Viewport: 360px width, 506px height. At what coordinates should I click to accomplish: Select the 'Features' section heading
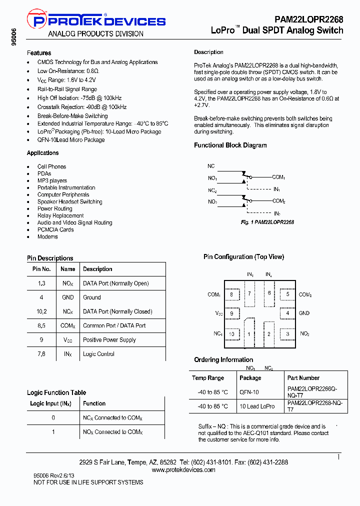tap(39, 53)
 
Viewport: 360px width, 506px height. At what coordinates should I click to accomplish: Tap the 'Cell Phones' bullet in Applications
tap(51, 166)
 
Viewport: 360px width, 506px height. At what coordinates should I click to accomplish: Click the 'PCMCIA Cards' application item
tap(55, 229)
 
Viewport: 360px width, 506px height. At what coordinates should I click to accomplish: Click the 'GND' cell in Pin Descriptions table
tap(68, 297)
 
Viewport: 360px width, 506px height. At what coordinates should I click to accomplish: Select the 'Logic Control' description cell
tap(98, 354)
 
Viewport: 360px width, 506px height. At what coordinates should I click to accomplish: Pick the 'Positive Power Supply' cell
tap(109, 340)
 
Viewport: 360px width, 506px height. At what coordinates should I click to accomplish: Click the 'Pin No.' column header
tap(41, 269)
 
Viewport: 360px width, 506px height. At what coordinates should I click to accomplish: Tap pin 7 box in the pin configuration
tap(249, 293)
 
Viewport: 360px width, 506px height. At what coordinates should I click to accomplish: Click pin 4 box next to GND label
tap(287, 313)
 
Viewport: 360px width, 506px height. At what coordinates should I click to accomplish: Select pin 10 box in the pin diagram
tap(231, 334)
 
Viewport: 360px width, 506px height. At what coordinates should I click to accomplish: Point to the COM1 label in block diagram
tap(278, 177)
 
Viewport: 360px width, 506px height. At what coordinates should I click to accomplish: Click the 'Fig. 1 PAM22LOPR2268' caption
tap(267, 222)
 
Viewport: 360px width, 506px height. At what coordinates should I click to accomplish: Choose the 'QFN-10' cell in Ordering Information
tap(249, 392)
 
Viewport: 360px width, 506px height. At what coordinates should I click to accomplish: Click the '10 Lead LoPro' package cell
tap(257, 406)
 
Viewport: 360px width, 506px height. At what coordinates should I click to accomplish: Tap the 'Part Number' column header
tap(303, 378)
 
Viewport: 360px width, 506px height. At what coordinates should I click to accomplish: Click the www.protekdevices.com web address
tap(183, 470)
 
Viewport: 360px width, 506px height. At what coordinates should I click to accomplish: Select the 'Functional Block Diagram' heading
tap(230, 145)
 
